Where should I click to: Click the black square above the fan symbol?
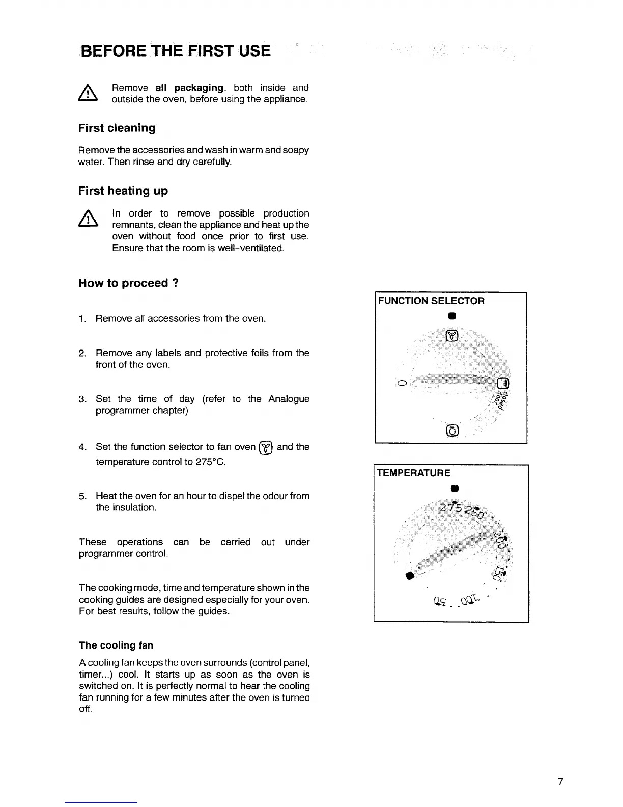click(451, 316)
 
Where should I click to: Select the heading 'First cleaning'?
click(117, 128)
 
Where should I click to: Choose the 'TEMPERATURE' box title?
click(413, 473)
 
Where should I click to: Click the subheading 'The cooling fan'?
click(116, 645)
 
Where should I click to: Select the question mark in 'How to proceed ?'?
click(175, 283)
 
